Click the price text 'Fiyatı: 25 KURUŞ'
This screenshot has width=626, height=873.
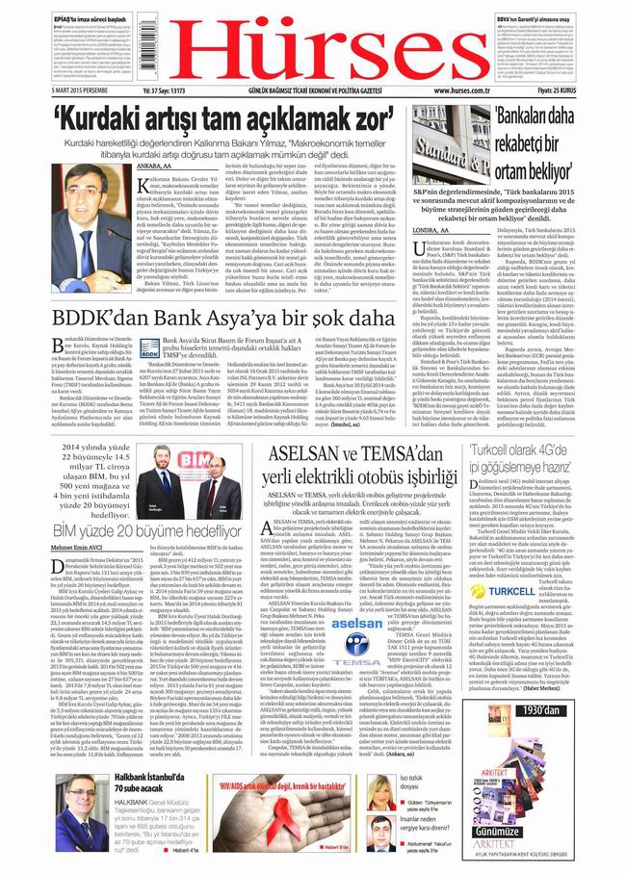[585, 92]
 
